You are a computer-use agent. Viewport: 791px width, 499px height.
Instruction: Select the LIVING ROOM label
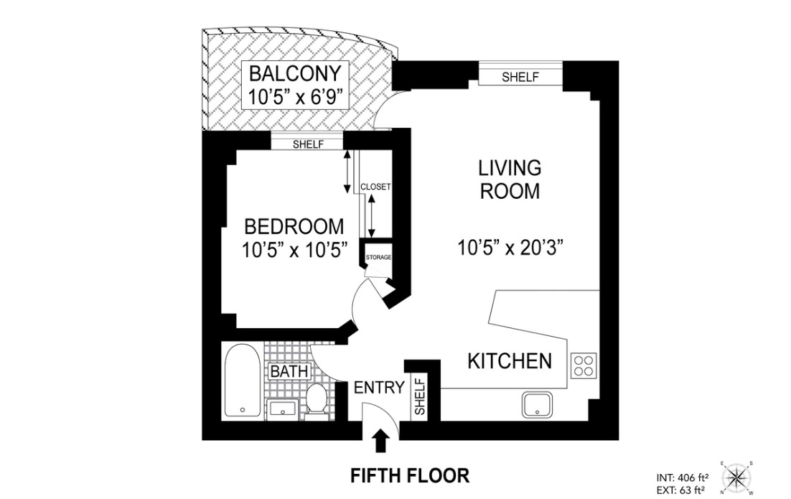click(x=510, y=179)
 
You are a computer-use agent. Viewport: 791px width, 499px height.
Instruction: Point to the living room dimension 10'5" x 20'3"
click(x=510, y=248)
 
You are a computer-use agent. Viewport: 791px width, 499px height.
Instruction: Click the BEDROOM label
click(x=294, y=228)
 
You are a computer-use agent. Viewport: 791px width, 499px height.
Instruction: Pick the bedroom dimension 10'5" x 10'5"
click(x=294, y=251)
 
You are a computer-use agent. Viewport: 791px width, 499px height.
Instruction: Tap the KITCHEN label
click(x=510, y=360)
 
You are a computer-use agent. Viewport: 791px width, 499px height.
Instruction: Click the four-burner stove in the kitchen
click(x=584, y=366)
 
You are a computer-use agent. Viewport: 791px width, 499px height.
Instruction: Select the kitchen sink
click(x=536, y=405)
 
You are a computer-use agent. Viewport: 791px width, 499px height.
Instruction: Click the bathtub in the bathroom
click(x=240, y=380)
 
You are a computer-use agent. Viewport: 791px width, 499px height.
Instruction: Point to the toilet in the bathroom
click(x=317, y=399)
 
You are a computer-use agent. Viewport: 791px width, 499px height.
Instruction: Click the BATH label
click(x=289, y=372)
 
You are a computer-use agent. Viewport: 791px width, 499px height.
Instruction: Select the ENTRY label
click(x=379, y=388)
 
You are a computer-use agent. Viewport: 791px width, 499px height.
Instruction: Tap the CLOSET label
click(x=375, y=187)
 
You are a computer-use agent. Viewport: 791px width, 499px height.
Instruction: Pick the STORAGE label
click(x=378, y=257)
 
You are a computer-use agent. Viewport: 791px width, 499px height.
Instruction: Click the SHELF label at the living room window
click(x=520, y=78)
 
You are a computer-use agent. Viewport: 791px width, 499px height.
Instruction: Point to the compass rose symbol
click(x=736, y=477)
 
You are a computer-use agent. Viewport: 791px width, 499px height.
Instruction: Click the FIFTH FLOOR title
click(x=409, y=475)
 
